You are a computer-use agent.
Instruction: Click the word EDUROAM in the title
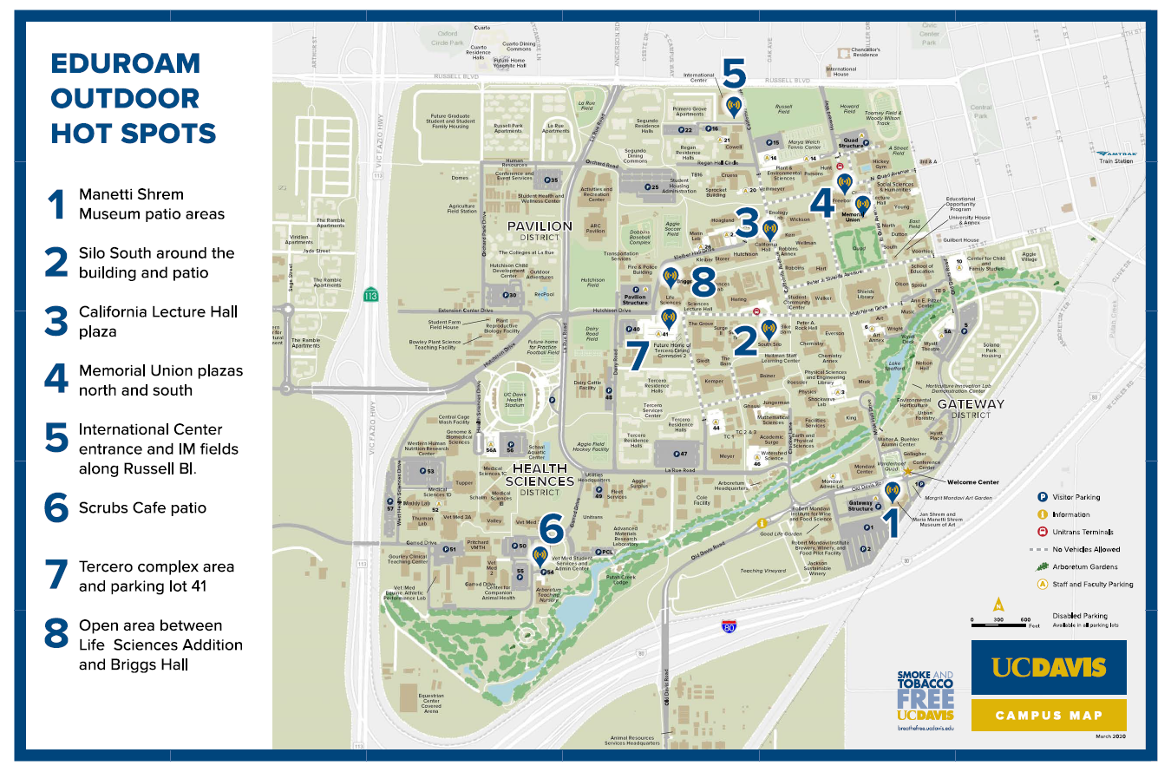pos(125,63)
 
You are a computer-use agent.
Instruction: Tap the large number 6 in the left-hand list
pos(56,508)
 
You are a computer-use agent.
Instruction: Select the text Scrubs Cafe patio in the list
pos(142,507)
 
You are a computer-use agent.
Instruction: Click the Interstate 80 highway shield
pos(729,625)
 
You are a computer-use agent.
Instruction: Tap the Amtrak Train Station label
pos(1115,157)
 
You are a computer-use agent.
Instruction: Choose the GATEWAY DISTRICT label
pos(970,409)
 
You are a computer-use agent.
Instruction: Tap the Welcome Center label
pos(971,482)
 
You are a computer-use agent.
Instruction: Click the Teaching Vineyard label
pos(762,571)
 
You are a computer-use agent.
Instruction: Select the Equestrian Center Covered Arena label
pos(431,702)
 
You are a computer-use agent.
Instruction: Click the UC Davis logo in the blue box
pos(1049,667)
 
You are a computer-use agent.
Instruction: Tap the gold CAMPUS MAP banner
pos(1049,716)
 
